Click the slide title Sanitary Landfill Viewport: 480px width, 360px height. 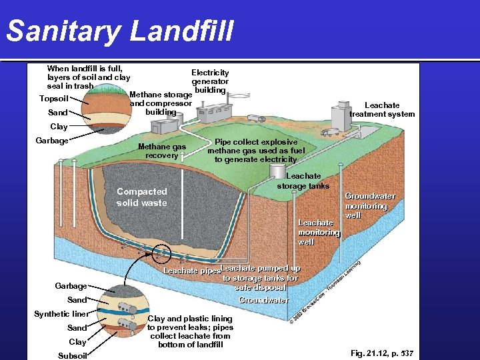[121, 30]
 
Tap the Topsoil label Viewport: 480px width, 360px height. [54, 99]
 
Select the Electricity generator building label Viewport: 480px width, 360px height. [210, 81]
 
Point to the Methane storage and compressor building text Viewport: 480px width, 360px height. [161, 103]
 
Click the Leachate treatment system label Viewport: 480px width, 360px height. [382, 109]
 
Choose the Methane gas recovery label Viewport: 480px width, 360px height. [161, 151]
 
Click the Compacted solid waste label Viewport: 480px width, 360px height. [141, 197]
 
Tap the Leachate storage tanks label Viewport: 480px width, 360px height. [303, 181]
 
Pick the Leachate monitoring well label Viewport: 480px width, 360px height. [318, 232]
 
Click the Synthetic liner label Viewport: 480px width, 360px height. [61, 314]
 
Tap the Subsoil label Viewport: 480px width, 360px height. [73, 355]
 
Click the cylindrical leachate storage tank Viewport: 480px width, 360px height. [277, 170]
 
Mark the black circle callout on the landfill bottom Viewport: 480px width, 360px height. [161, 253]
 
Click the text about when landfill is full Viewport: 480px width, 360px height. [89, 77]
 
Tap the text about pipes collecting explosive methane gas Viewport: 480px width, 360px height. [255, 151]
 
